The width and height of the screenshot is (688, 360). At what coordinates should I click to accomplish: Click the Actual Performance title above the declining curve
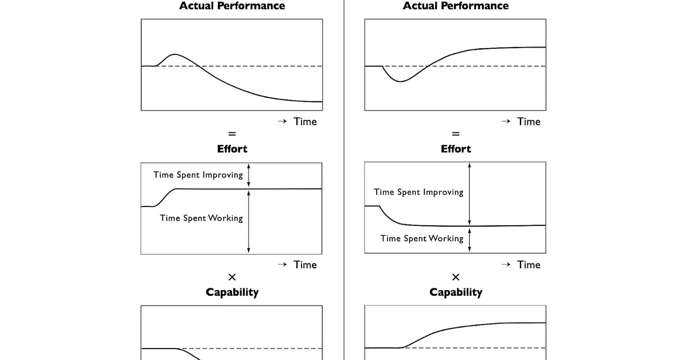pos(232,6)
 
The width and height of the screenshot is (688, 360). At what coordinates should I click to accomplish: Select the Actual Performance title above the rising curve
pos(455,6)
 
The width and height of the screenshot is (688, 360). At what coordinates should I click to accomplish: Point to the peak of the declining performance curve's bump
pos(175,54)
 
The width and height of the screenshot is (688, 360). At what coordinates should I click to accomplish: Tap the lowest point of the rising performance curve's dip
pos(401,81)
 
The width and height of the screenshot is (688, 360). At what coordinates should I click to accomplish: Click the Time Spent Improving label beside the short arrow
pos(198,175)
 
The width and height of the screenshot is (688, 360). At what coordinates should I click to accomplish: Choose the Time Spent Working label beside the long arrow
pos(201,218)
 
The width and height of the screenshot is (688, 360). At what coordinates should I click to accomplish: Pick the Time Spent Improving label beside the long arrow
pos(419,192)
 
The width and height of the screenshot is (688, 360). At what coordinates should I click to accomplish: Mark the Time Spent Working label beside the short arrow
pos(421,238)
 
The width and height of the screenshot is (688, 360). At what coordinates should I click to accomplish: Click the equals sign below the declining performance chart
pos(232,134)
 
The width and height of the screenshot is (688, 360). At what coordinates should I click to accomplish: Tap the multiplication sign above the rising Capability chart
pos(455,277)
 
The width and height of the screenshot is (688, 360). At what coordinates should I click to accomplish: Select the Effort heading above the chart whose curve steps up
pos(232,149)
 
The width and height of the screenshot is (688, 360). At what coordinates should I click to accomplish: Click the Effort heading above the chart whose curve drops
pos(455,149)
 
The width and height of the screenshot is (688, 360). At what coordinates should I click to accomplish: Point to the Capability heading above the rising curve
pos(455,292)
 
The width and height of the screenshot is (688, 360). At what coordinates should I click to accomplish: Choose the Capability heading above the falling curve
pos(232,292)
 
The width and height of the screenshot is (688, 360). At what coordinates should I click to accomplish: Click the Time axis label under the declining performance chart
pos(304,122)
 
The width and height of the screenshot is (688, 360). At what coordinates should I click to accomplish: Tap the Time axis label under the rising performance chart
pos(528,122)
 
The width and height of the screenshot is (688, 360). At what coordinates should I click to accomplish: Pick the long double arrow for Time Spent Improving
pos(470,194)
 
